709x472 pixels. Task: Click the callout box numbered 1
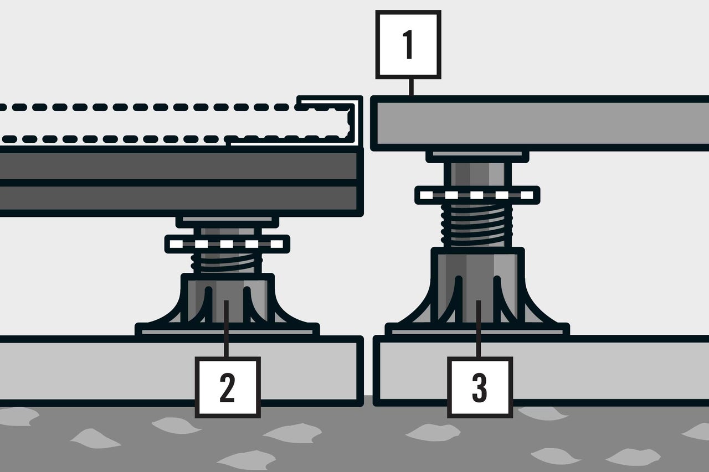[x=408, y=44]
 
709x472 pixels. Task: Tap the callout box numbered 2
[x=228, y=387]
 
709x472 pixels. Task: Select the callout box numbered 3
[x=480, y=387]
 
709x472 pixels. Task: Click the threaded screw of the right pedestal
[x=477, y=225]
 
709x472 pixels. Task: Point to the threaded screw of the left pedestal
[x=227, y=263]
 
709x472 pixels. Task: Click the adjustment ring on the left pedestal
[x=227, y=243]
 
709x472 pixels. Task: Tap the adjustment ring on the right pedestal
[x=477, y=195]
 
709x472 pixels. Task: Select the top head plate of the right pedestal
[x=477, y=156]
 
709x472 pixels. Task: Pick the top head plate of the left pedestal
[x=227, y=222]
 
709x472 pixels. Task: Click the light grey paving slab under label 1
[x=540, y=123]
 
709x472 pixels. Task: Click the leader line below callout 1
[x=411, y=87]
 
